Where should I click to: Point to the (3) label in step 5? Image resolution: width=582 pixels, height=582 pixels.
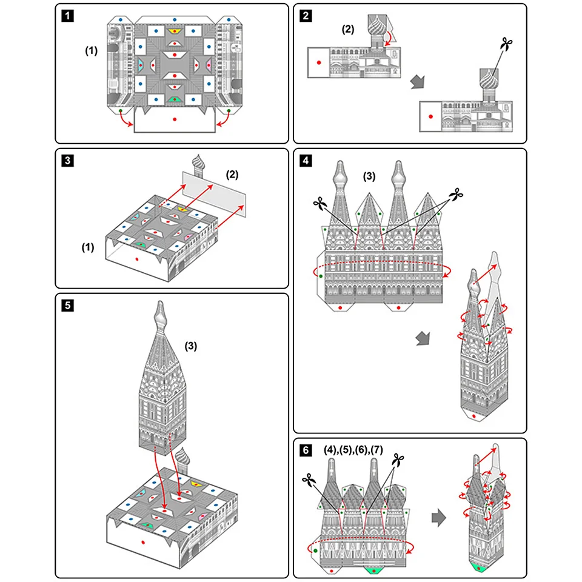(x=190, y=346)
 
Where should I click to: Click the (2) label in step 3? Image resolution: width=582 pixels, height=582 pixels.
(x=233, y=174)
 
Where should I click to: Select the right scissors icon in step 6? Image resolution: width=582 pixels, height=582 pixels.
(x=398, y=461)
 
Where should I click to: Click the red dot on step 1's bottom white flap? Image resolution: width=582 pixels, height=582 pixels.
(x=174, y=119)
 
